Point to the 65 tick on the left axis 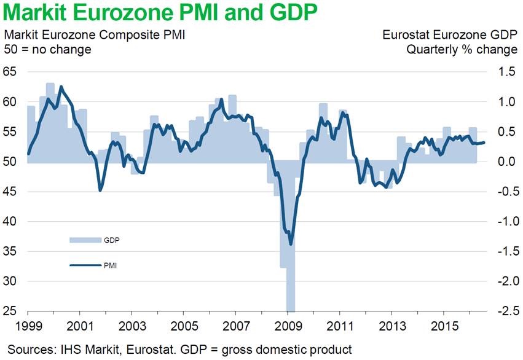coord(11,72)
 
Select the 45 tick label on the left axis coord(11,192)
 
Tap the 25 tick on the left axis coord(11,311)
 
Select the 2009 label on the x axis coord(288,324)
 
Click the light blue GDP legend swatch coord(84,240)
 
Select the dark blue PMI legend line coord(84,265)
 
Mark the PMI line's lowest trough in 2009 coord(291,244)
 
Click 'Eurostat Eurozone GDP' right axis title coord(450,35)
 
